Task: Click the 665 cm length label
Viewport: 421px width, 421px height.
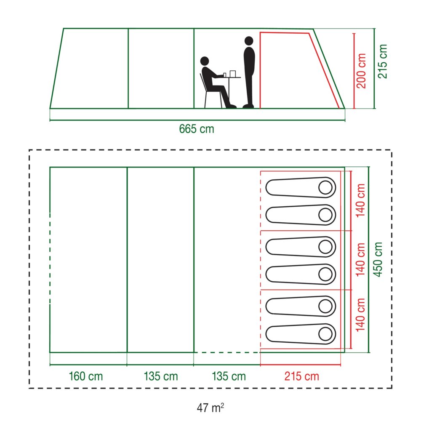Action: (x=197, y=129)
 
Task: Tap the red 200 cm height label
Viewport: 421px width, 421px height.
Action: (x=361, y=71)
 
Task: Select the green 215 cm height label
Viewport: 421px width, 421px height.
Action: (x=382, y=61)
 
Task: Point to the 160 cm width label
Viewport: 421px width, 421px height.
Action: (x=85, y=376)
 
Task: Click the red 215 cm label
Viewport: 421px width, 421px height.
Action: (x=301, y=376)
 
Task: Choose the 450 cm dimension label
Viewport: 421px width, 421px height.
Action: (x=378, y=259)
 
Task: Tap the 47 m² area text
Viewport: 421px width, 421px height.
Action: (x=210, y=408)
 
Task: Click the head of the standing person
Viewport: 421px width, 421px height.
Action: (x=249, y=41)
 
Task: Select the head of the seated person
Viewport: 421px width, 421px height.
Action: (x=205, y=61)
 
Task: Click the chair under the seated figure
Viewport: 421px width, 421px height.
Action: (x=211, y=91)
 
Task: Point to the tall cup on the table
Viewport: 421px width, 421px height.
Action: (x=232, y=74)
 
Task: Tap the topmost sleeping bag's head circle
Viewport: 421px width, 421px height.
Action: (x=325, y=187)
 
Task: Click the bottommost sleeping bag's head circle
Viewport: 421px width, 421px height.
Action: (x=325, y=334)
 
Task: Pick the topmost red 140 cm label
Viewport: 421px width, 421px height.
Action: (x=360, y=200)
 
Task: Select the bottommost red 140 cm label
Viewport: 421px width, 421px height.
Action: (x=360, y=314)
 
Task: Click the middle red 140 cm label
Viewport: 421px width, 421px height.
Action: (x=360, y=260)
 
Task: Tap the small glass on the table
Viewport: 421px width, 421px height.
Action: (x=225, y=75)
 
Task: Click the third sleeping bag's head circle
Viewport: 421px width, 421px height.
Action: (x=325, y=246)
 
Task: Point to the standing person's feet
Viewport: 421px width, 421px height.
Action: (x=248, y=107)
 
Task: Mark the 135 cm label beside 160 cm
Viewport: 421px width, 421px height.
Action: (x=160, y=376)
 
